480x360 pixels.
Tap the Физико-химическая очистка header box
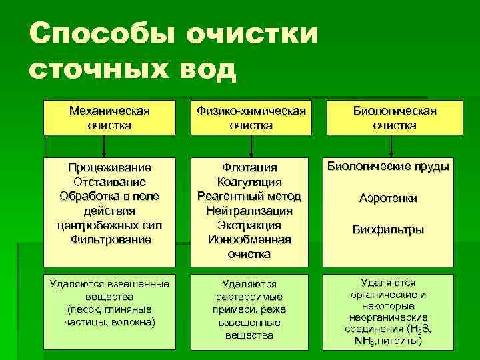250,117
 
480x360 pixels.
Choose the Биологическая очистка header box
395,117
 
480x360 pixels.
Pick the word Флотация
249,168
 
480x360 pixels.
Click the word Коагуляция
249,182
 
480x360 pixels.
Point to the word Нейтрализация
249,211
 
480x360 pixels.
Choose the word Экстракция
249,225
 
